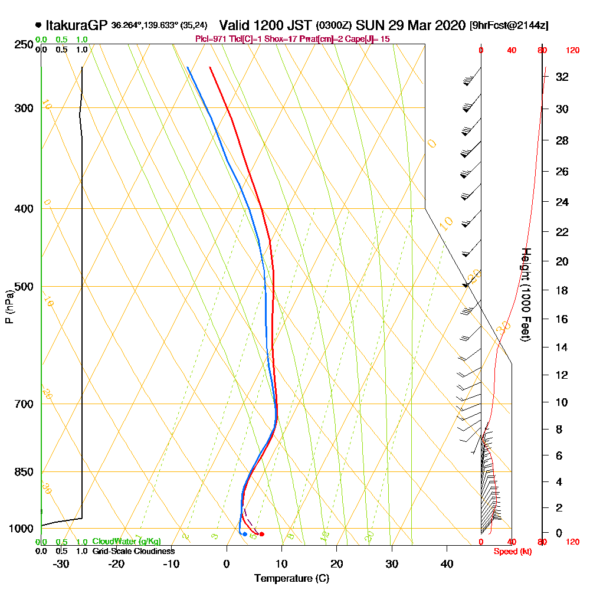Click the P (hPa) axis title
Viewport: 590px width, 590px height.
click(9, 307)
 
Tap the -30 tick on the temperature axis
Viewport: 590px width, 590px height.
click(61, 564)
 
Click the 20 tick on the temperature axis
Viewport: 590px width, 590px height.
click(337, 564)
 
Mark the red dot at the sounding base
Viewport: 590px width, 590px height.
click(262, 534)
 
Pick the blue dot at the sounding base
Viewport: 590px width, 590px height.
click(245, 534)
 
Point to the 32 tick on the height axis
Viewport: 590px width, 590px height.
click(562, 77)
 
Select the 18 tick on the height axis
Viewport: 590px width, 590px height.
click(562, 290)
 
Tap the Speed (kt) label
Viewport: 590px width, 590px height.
click(510, 551)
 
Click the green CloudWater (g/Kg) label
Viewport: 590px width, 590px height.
click(126, 542)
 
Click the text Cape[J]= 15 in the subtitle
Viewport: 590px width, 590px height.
click(369, 39)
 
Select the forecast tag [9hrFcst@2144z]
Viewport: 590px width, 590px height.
click(509, 26)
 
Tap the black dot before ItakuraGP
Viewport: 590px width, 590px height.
click(38, 25)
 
